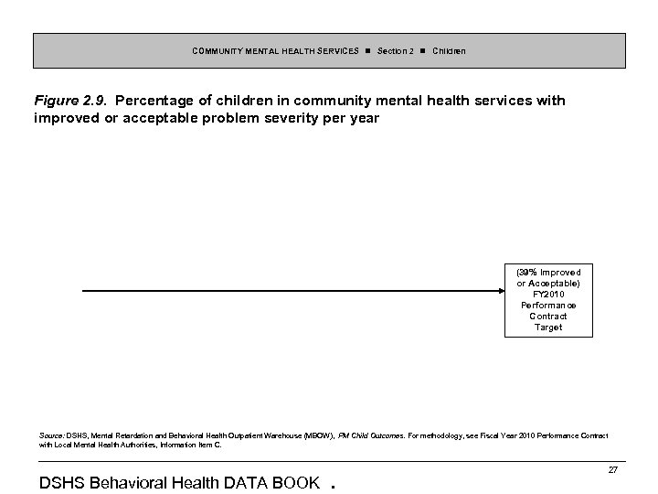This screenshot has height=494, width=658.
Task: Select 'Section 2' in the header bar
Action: pos(396,50)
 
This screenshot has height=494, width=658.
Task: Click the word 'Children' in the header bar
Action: pos(449,50)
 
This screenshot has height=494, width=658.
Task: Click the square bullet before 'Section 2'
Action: pos(366,50)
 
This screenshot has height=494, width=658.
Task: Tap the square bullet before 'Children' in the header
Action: pos(422,50)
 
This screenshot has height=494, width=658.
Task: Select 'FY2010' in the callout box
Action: pos(548,294)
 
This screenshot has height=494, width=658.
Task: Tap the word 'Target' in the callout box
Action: pos(548,327)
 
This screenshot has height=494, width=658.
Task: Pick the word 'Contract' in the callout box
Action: pos(548,316)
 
